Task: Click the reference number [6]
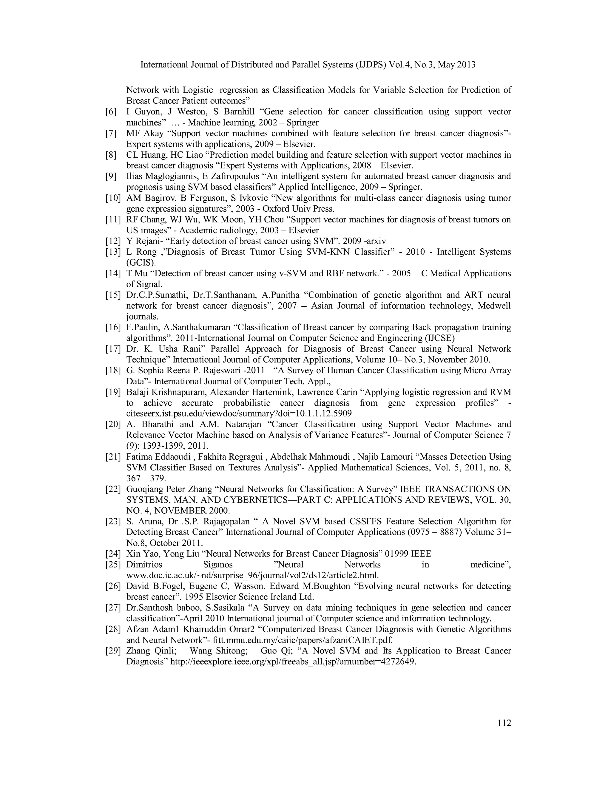point(111,112)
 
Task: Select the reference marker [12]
point(113,241)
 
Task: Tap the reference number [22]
point(113,489)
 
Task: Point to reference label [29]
point(113,651)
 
